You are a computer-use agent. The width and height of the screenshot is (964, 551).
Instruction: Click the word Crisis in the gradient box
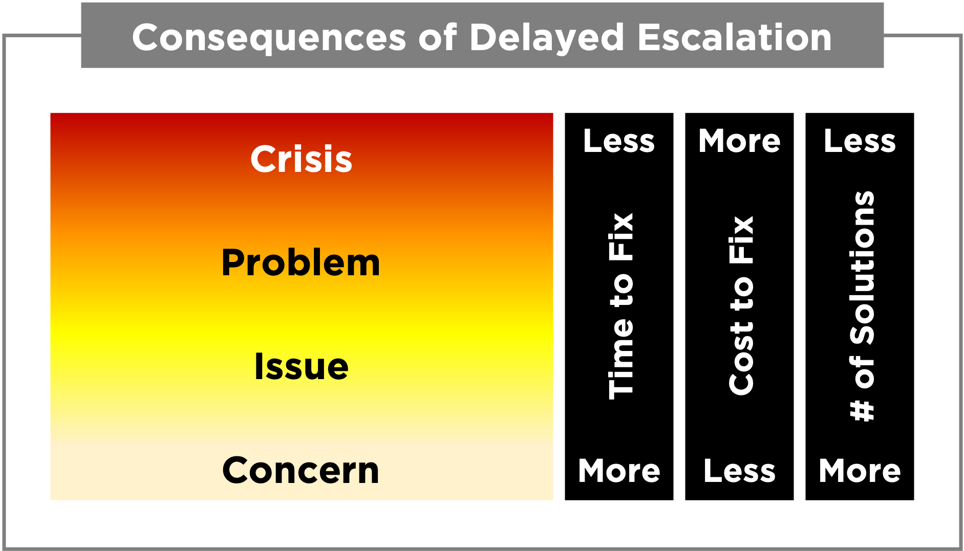coord(301,159)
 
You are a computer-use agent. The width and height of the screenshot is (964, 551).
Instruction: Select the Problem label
coord(301,263)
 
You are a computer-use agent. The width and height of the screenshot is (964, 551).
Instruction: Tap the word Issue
coord(301,367)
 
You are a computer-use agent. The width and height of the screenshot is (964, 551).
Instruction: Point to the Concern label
coord(301,471)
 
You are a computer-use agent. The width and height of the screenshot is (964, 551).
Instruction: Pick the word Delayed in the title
coord(546,38)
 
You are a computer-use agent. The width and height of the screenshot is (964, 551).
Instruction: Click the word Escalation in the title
coord(735,38)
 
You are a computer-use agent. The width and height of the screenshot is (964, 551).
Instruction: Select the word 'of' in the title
coord(437,38)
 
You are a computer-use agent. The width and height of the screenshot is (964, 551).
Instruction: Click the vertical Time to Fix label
coord(620,306)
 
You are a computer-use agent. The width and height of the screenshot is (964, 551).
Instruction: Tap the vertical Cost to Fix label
coord(741,306)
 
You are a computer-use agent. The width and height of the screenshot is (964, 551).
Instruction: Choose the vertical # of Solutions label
coord(862,306)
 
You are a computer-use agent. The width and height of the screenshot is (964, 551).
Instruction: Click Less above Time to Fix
coord(619,141)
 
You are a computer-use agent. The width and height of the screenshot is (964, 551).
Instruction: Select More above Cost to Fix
coord(739,141)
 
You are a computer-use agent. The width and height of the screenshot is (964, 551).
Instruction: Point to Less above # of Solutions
coord(860,141)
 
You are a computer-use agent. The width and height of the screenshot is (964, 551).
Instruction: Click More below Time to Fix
coord(619,471)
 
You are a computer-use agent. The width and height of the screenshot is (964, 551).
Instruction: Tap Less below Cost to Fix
coord(739,471)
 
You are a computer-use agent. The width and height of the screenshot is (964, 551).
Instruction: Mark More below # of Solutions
coord(860,471)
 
